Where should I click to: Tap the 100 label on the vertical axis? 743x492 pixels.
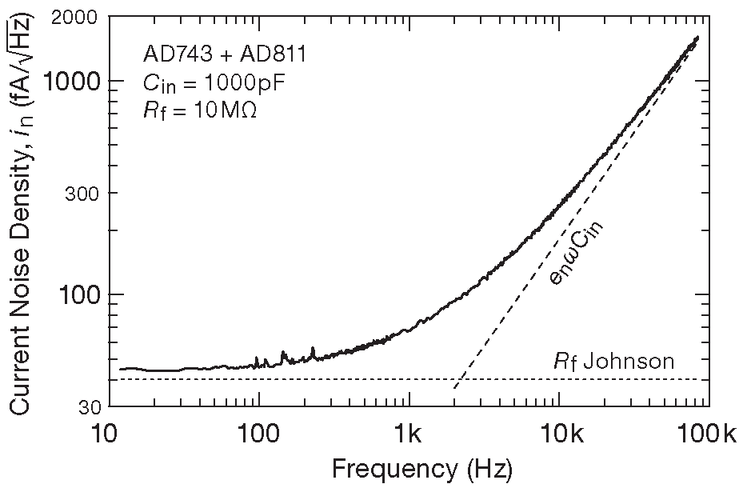(x=78, y=295)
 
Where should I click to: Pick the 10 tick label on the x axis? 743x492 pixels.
(x=104, y=437)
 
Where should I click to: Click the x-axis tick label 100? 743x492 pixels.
(x=258, y=437)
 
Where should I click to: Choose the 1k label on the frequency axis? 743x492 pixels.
(x=409, y=437)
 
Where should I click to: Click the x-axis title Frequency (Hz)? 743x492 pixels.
(x=422, y=468)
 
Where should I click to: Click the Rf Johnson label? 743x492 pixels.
(x=614, y=362)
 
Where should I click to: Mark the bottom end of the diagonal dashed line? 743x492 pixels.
(x=453, y=390)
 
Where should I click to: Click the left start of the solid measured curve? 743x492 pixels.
(x=120, y=370)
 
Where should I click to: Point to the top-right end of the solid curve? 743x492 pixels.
(x=699, y=37)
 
